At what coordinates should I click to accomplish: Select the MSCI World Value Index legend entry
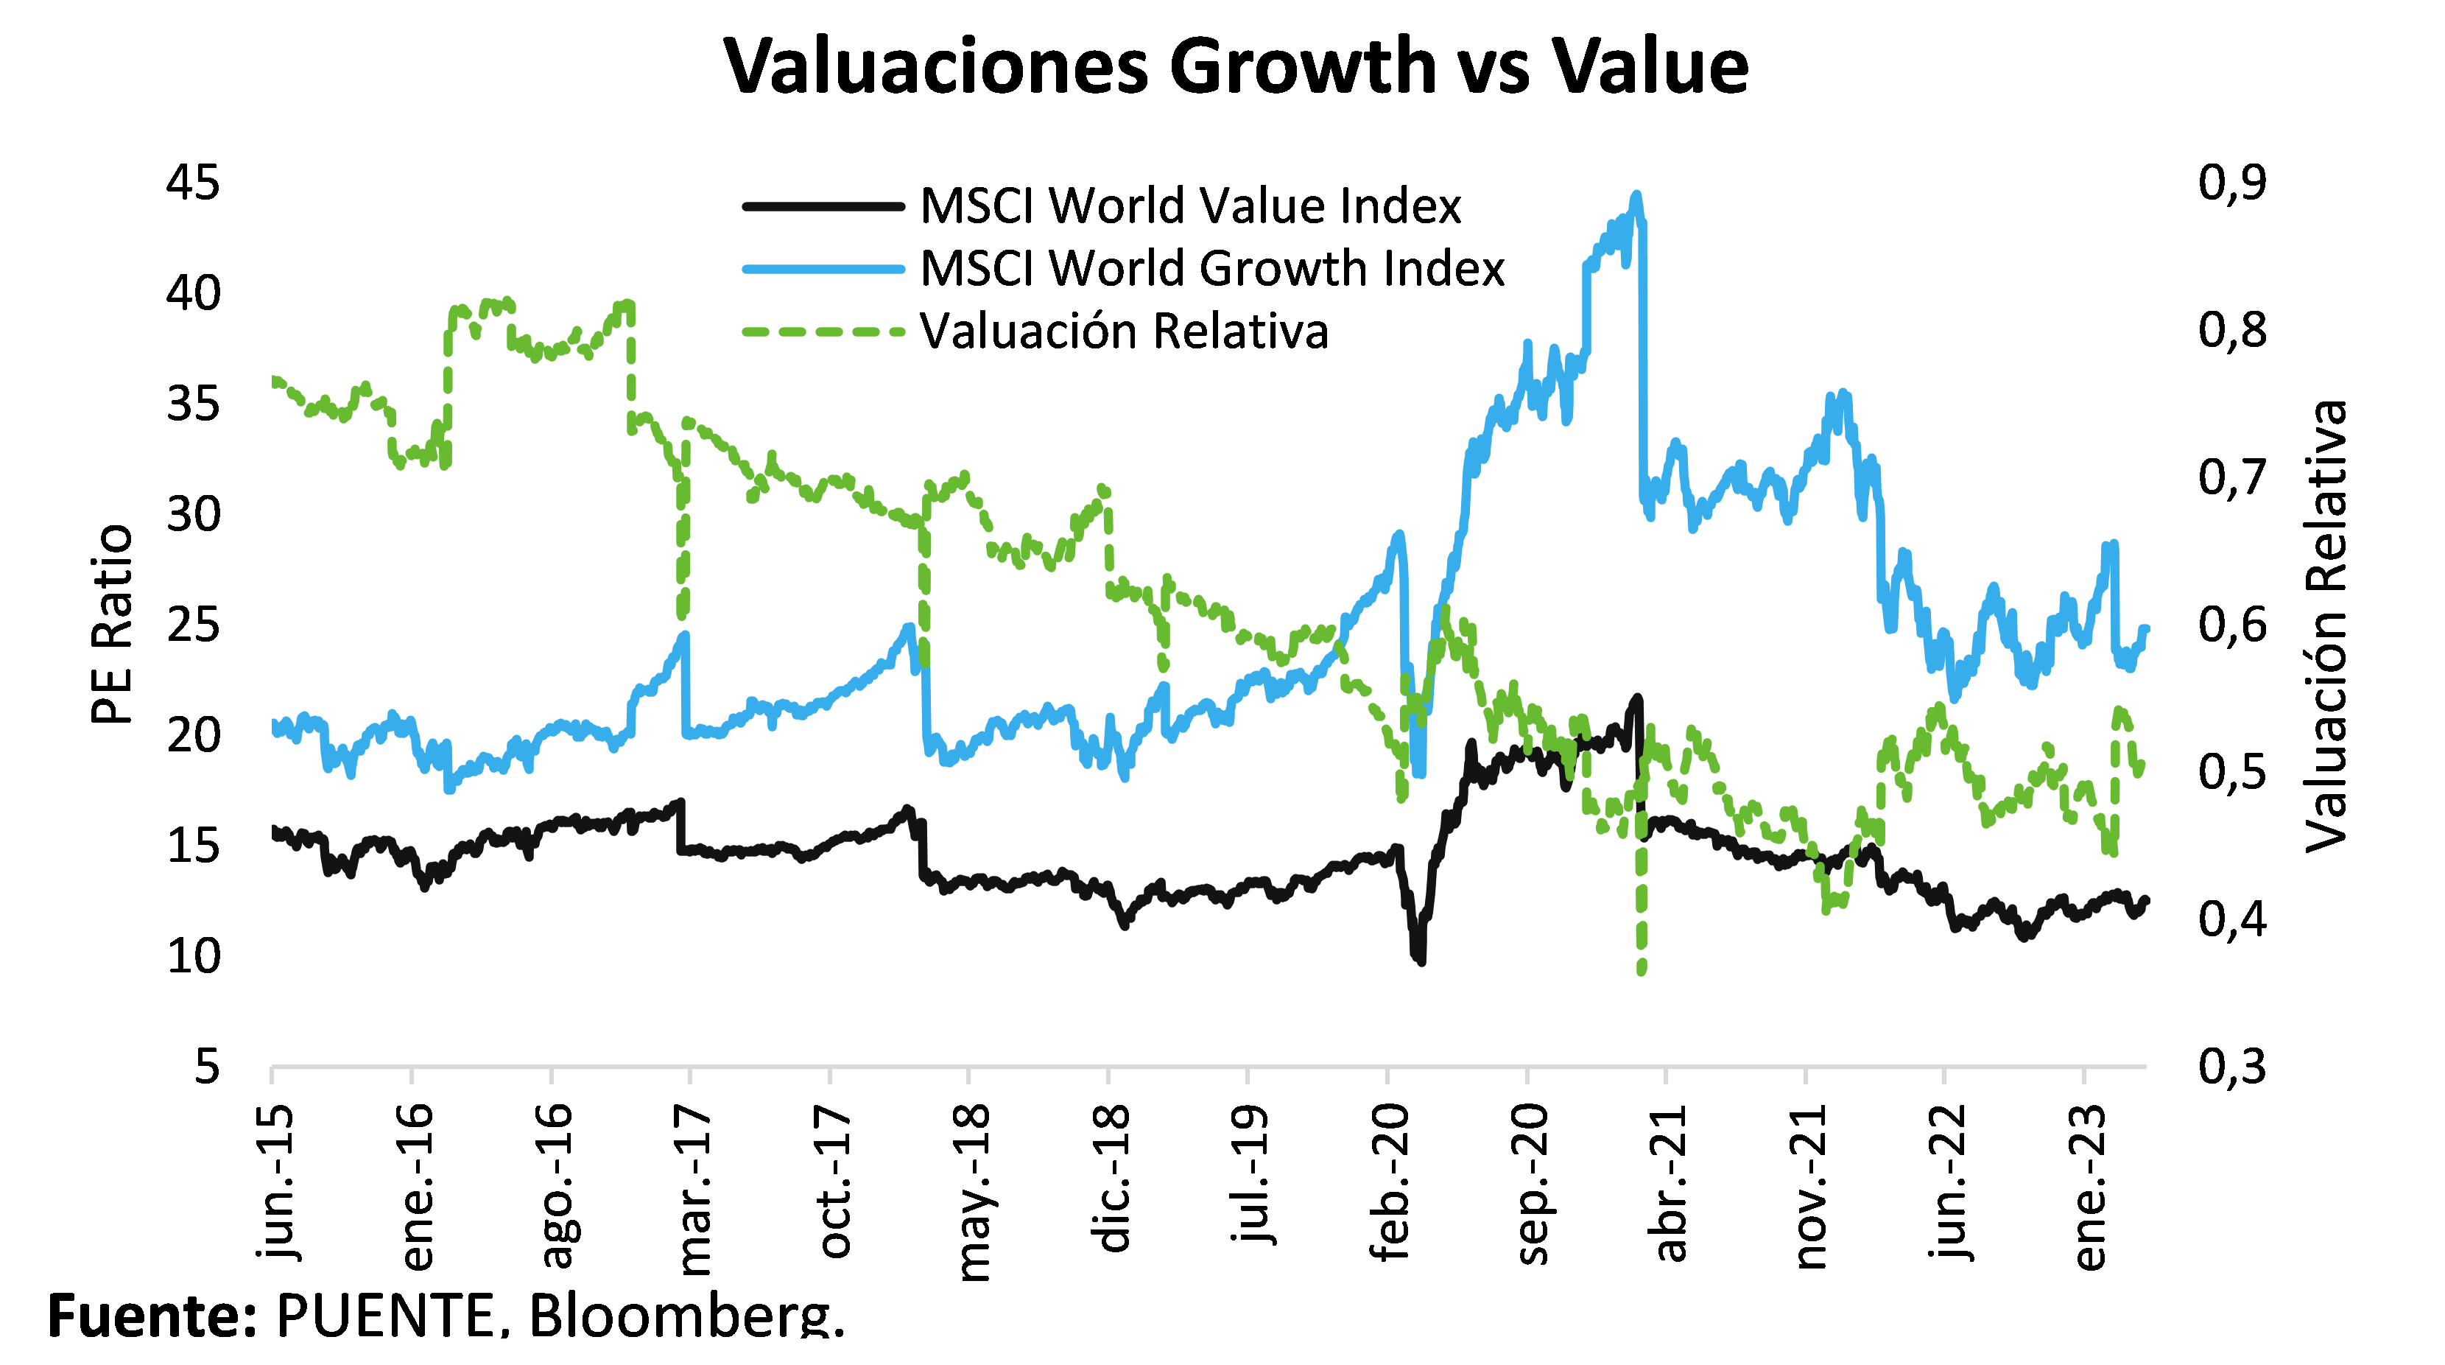click(1190, 206)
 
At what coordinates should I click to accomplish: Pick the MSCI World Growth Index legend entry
click(1212, 269)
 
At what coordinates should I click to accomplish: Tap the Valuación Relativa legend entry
click(1124, 331)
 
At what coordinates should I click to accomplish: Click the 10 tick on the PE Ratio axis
click(193, 956)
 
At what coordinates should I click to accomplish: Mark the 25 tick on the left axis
click(193, 625)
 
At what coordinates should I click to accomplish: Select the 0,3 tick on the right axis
click(2232, 1067)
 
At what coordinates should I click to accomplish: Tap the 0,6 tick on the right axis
click(2232, 625)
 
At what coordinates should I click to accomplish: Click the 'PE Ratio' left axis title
click(112, 625)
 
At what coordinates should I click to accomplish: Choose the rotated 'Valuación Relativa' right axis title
click(2326, 625)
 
